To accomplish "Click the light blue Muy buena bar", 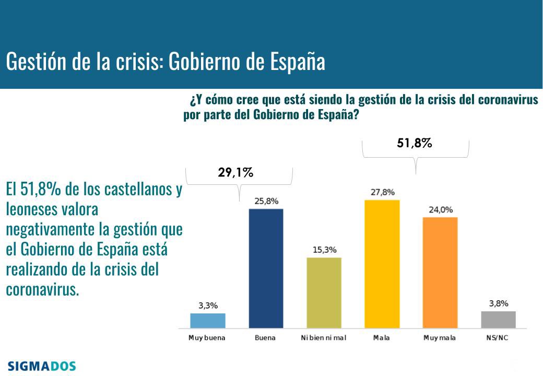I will pos(207,320).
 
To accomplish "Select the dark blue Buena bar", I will pos(266,268).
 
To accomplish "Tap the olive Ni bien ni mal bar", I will pos(324,292).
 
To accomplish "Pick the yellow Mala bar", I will pos(382,264).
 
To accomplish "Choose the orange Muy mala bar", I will pos(440,272).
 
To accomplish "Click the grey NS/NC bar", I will pos(498,319).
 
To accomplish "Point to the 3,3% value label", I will pos(207,305).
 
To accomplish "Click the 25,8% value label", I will pos(266,201).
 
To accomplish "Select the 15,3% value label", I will pos(324,250).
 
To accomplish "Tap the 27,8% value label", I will pos(382,192).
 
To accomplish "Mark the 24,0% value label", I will pos(440,209).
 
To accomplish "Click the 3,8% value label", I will pos(498,303).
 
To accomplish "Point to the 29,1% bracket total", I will pos(235,173).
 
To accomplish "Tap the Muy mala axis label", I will pos(440,338).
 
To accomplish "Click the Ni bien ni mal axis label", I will pos(324,338).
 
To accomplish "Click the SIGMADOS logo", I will pos(42,366).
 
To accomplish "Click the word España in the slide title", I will pos(298,62).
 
